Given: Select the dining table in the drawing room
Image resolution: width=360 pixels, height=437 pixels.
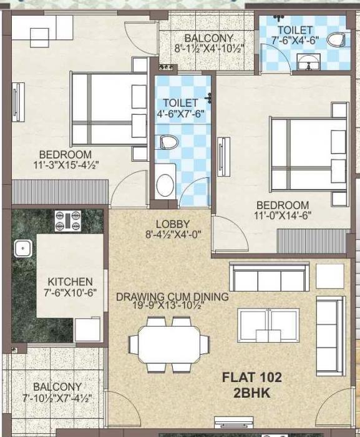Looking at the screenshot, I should [x=169, y=343].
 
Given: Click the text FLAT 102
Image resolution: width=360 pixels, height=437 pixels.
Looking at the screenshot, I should [x=253, y=377].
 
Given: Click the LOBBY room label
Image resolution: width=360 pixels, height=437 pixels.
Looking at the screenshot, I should [x=173, y=224].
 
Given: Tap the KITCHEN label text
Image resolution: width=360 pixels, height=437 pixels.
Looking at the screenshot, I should [x=70, y=282].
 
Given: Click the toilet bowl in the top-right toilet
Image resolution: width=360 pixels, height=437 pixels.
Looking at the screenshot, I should [x=336, y=41].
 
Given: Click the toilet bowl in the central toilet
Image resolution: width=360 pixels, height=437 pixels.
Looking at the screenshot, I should [x=167, y=142].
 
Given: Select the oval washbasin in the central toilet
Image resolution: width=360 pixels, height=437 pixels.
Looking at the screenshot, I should [x=165, y=185].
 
